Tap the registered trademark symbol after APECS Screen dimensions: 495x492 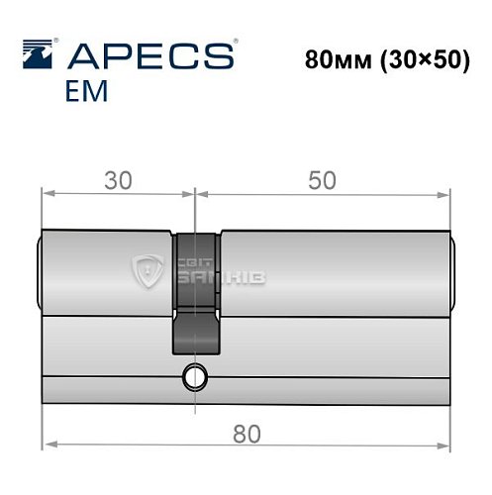click(235, 43)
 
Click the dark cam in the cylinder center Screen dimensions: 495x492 click(196, 267)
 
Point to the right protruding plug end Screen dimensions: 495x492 click(453, 269)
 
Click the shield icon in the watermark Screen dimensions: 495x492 click(148, 266)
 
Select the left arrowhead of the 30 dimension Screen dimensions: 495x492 click(47, 194)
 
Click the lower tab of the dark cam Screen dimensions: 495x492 click(196, 329)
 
